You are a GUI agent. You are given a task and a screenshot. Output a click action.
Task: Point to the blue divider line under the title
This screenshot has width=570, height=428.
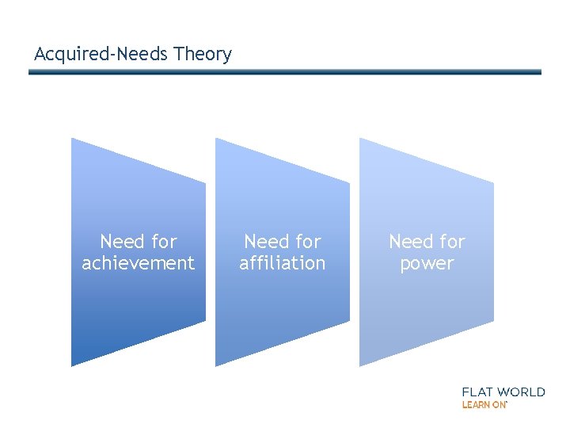[x=285, y=72]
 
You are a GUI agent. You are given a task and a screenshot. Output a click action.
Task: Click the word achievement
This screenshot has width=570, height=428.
[x=138, y=263]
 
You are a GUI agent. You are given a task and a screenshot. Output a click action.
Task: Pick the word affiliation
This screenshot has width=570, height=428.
[x=283, y=263]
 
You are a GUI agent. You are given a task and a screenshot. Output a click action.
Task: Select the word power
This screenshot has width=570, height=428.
[x=427, y=263]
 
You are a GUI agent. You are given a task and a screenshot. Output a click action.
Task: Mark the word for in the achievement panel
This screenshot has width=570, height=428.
[x=164, y=241]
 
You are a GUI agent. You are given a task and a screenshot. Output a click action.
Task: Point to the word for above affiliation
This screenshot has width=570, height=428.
[x=308, y=241]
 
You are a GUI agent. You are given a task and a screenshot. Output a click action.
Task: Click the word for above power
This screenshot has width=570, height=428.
[x=452, y=241]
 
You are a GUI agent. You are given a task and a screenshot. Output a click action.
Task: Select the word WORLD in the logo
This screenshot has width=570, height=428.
[x=522, y=392]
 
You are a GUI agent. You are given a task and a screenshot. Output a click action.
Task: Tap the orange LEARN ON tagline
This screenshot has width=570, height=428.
[x=484, y=404]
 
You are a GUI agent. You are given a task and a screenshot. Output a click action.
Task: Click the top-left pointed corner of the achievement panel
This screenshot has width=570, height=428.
[x=74, y=140]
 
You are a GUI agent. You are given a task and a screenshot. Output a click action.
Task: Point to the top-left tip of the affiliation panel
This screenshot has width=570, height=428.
[x=218, y=140]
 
